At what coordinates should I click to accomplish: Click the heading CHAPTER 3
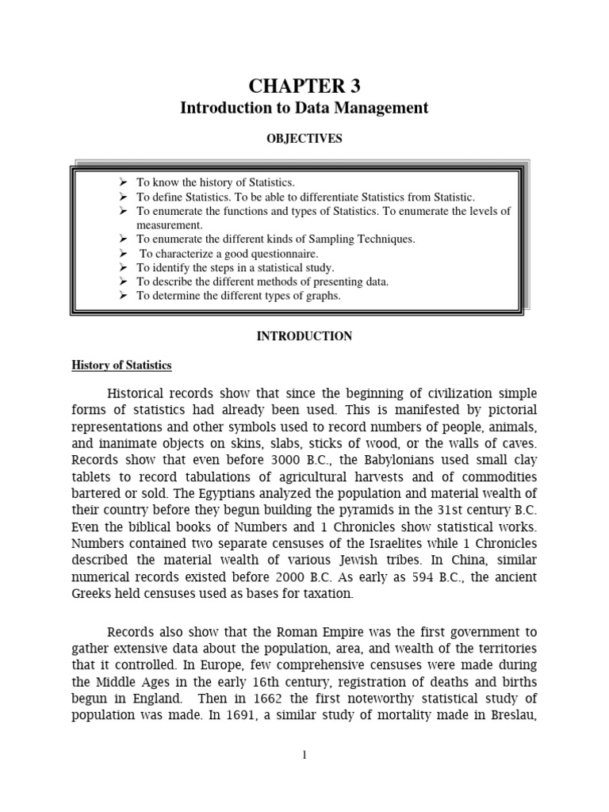click(304, 86)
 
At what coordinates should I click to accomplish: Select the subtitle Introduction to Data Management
click(304, 108)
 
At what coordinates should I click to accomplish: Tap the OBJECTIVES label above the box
click(304, 139)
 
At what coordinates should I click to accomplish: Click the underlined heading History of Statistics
click(122, 366)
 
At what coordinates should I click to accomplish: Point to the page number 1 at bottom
click(304, 754)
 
